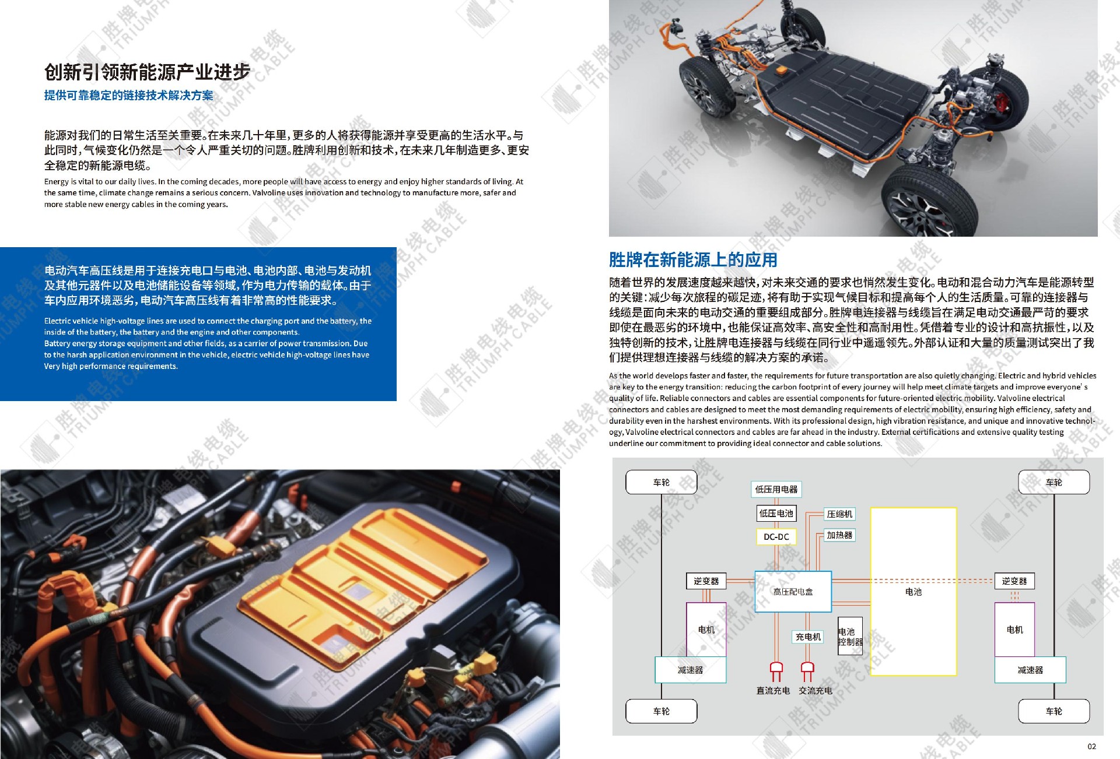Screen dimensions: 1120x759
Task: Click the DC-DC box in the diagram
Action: pyautogui.click(x=776, y=537)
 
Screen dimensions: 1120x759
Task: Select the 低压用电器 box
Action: pyautogui.click(x=776, y=490)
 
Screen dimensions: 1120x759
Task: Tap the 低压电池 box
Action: pyautogui.click(x=776, y=514)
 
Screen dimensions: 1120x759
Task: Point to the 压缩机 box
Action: pyautogui.click(x=839, y=514)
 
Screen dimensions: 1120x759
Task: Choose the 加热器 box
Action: pyautogui.click(x=839, y=535)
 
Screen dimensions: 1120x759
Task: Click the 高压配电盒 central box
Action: pyautogui.click(x=793, y=592)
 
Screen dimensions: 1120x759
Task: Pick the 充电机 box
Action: pyautogui.click(x=808, y=637)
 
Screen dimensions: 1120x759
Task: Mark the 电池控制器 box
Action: pyautogui.click(x=850, y=637)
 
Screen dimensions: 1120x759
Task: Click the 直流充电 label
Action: pyautogui.click(x=773, y=691)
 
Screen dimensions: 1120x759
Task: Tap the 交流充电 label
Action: pyautogui.click(x=815, y=691)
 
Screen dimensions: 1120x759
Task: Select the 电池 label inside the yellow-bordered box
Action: pyautogui.click(x=914, y=592)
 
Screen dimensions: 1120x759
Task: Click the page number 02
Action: pyautogui.click(x=1091, y=747)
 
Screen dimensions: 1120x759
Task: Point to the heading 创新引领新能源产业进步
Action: pyautogui.click(x=147, y=72)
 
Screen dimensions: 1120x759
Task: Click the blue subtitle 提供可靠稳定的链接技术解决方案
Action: pyautogui.click(x=129, y=96)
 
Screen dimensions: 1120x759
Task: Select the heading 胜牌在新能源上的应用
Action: pyautogui.click(x=693, y=260)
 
